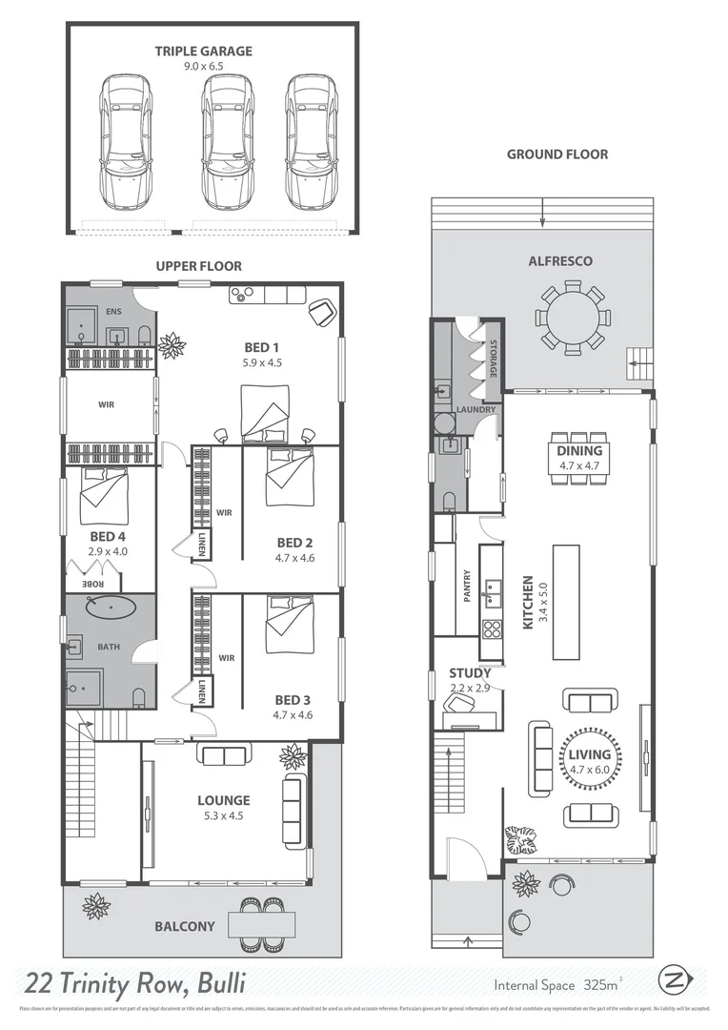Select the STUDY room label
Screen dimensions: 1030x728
pyautogui.click(x=470, y=673)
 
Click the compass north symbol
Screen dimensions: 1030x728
pyautogui.click(x=673, y=979)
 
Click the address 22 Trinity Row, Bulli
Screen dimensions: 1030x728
pyautogui.click(x=135, y=981)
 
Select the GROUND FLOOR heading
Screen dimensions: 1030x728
pyautogui.click(x=556, y=154)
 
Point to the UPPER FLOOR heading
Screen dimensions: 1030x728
pyautogui.click(x=198, y=266)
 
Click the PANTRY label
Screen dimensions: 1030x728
pyautogui.click(x=466, y=587)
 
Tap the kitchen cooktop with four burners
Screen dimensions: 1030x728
pyautogui.click(x=493, y=628)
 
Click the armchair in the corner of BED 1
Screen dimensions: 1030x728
pyautogui.click(x=322, y=310)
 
